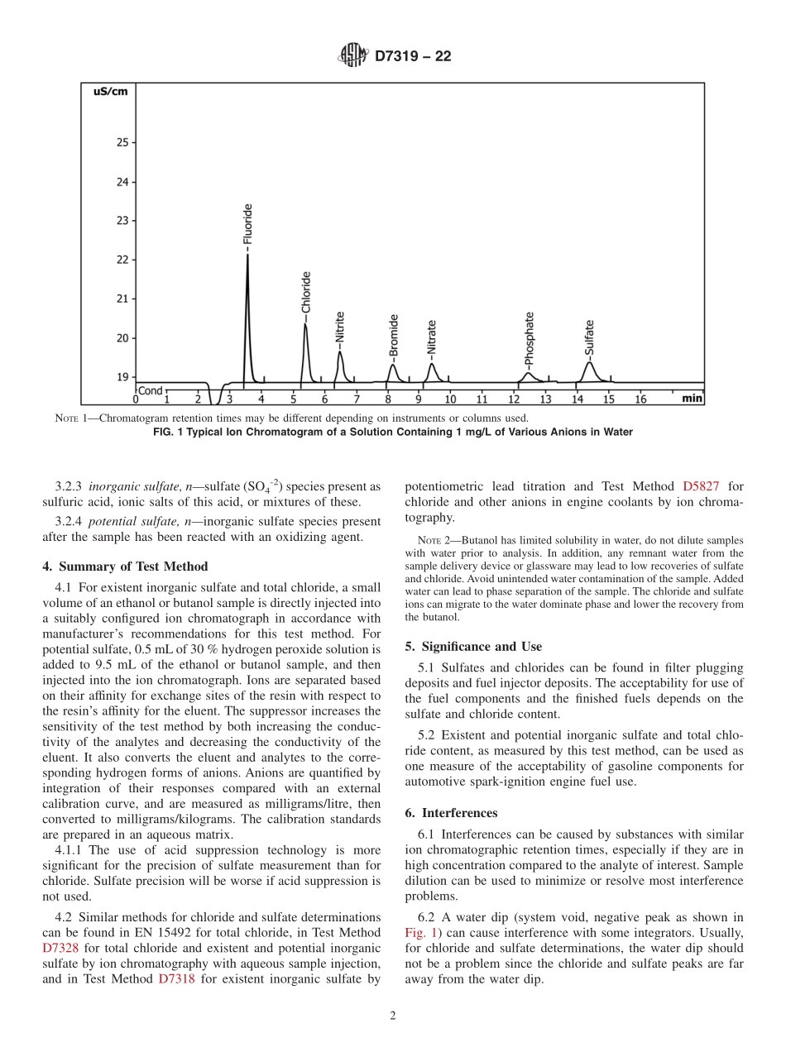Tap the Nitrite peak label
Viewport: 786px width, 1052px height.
(x=340, y=328)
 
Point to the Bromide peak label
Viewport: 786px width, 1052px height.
(x=394, y=335)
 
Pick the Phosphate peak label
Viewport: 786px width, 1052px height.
(x=530, y=337)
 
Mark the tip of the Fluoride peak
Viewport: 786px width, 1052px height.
(x=247, y=255)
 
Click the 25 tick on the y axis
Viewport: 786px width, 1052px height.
(x=122, y=142)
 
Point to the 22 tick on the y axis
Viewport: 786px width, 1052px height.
(x=122, y=260)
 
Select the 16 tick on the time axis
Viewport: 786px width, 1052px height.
(x=640, y=399)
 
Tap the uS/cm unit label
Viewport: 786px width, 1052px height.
(x=109, y=91)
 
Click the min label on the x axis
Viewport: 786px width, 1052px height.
(x=692, y=399)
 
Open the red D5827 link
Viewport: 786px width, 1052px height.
(x=701, y=487)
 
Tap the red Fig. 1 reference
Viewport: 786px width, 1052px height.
(x=422, y=933)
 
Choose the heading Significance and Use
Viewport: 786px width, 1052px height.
(x=473, y=646)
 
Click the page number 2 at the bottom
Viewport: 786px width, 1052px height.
(x=393, y=1016)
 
